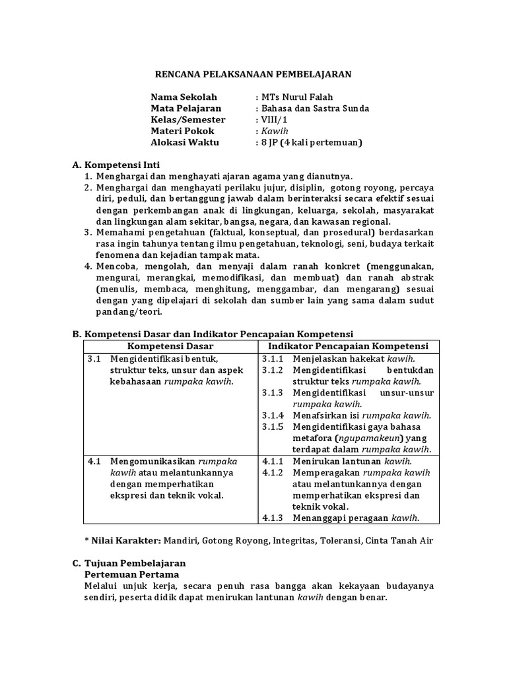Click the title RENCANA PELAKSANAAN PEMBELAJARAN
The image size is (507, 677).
point(253,75)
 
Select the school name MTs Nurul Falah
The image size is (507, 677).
point(291,97)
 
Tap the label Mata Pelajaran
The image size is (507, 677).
point(186,108)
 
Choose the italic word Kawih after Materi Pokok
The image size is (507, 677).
point(271,131)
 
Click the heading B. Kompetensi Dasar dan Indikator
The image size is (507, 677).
point(213,334)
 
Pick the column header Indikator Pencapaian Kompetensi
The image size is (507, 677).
point(348,346)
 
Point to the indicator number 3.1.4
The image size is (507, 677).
point(272,415)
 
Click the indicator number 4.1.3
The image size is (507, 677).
point(272,518)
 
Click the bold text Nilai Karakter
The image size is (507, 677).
point(126,540)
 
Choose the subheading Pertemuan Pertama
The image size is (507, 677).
point(126,575)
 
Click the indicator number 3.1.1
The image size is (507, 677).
point(272,358)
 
